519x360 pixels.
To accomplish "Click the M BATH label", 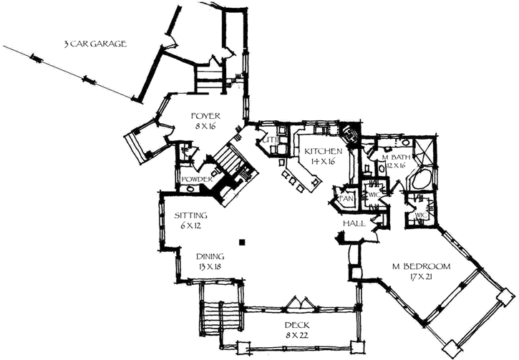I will pyautogui.click(x=394, y=157).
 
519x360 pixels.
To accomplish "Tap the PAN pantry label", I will pyautogui.click(x=344, y=196).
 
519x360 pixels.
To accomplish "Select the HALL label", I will pyautogui.click(x=354, y=224).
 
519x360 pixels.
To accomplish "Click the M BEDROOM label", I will pyautogui.click(x=421, y=267).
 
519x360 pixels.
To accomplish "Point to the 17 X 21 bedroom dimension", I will pyautogui.click(x=421, y=278).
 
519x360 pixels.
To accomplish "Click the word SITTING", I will pyautogui.click(x=191, y=215).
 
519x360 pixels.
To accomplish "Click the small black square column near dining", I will pyautogui.click(x=243, y=242).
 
